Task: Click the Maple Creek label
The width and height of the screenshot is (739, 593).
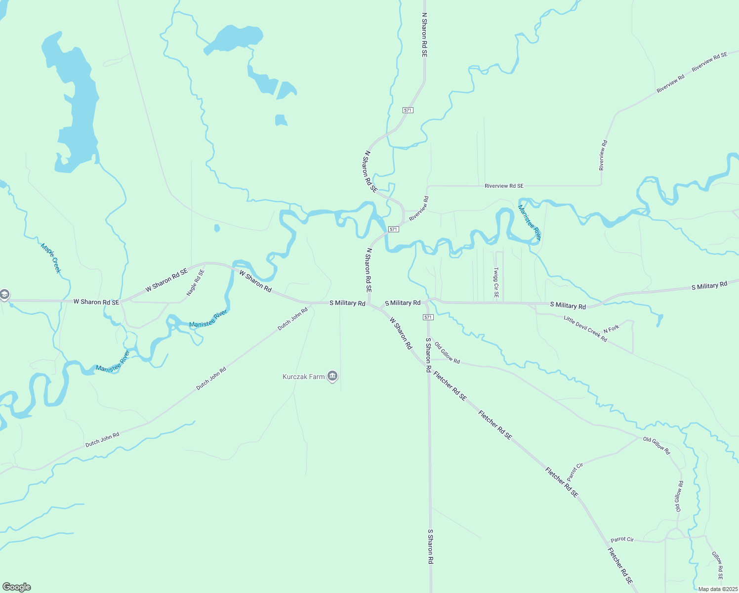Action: [51, 258]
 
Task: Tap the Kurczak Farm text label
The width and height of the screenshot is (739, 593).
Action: [303, 377]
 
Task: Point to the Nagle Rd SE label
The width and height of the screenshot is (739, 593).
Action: [195, 283]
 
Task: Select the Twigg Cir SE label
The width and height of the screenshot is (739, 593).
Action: [496, 283]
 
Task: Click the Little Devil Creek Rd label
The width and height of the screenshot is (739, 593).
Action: [585, 329]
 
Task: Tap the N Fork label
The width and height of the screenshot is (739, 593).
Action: [611, 329]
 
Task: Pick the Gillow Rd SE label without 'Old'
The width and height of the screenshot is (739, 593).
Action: [717, 565]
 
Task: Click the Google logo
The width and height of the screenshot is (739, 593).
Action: [17, 587]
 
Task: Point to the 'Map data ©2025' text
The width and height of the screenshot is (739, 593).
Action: [718, 589]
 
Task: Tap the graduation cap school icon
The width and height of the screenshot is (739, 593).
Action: [4, 295]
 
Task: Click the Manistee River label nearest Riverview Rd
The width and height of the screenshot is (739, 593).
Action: [530, 222]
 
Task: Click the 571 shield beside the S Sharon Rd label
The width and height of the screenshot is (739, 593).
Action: [428, 317]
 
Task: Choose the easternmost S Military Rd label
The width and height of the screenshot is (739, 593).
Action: [709, 286]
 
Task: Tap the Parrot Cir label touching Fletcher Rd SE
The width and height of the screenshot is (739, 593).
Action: [575, 472]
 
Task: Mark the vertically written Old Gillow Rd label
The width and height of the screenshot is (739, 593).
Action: [679, 496]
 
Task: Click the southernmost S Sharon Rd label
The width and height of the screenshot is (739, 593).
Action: [430, 547]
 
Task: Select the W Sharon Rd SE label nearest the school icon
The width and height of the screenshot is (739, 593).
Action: [96, 302]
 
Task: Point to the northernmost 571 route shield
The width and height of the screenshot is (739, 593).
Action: [408, 110]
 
